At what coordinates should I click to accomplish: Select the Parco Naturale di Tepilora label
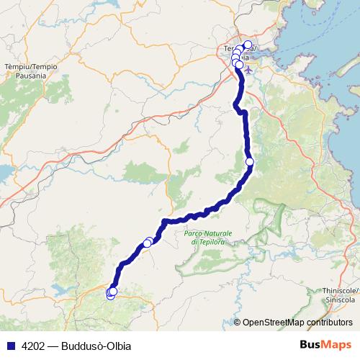(208, 238)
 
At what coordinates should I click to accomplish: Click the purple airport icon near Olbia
(248, 71)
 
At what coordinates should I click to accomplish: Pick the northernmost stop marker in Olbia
(248, 45)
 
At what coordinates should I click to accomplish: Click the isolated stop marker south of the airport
(250, 162)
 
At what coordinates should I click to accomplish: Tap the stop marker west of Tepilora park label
(148, 243)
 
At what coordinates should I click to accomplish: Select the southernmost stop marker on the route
(111, 295)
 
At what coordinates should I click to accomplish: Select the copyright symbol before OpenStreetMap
(237, 323)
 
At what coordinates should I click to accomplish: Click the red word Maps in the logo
(336, 345)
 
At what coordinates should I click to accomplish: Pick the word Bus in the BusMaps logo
(310, 345)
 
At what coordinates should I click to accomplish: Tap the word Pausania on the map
(20, 75)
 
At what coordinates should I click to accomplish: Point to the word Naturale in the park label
(217, 234)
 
